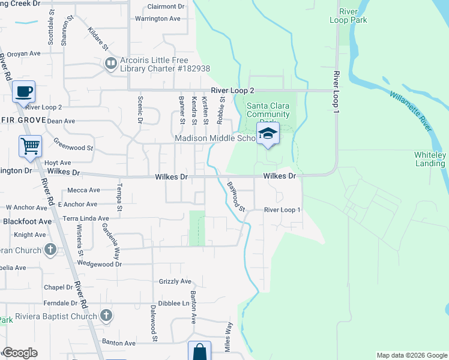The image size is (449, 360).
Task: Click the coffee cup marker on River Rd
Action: point(23,92)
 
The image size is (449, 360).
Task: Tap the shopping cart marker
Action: point(30,146)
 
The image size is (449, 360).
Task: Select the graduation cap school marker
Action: point(268,134)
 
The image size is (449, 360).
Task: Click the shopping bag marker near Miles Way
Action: point(199,352)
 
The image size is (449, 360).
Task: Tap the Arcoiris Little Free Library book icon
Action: point(110,63)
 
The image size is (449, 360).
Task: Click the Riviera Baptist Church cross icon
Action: point(106,315)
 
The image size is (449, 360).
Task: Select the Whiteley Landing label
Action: point(430,159)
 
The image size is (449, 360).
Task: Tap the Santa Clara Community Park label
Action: point(268,110)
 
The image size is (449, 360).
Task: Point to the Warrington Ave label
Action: point(158,19)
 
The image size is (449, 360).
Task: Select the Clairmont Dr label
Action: point(165,6)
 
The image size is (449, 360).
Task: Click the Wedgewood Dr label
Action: point(100,263)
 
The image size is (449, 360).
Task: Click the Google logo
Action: point(20,353)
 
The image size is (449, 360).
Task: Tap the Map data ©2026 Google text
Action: point(411,355)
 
